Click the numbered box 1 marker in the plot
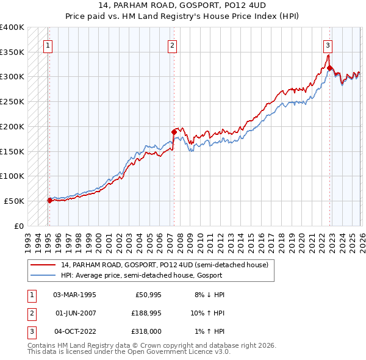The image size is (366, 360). tap(47, 45)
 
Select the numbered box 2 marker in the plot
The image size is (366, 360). tap(173, 45)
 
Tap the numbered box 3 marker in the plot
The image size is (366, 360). tap(328, 45)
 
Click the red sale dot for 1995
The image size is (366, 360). tap(49, 200)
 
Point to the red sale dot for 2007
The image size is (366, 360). tap(174, 131)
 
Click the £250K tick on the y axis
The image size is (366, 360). tap(12, 102)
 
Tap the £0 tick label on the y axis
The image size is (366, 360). tap(18, 226)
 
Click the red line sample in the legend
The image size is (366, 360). tap(44, 265)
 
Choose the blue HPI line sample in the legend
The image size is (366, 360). tap(44, 275)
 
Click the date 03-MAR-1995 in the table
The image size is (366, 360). tap(74, 294)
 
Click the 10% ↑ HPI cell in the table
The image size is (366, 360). tap(207, 312)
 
